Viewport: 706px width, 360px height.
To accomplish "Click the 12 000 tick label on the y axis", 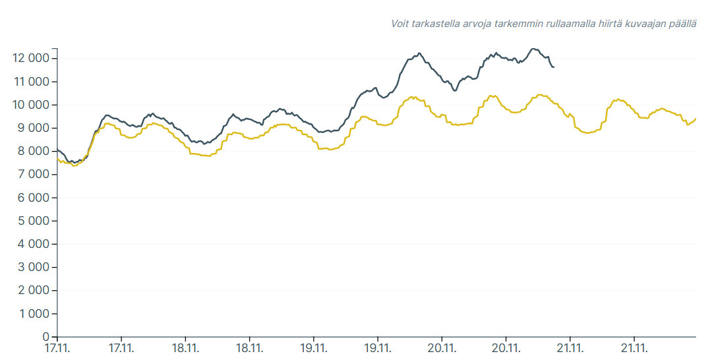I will tap(30, 59).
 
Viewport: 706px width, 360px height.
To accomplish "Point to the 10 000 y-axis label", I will tap(30, 105).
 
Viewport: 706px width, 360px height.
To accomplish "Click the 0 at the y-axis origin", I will tap(46, 337).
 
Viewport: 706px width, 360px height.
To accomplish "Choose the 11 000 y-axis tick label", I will tap(30, 82).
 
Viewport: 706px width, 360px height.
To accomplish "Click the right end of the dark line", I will tap(554, 67).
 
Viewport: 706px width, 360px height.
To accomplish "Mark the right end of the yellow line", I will tap(696, 119).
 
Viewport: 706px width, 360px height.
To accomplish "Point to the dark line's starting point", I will tap(57, 150).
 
